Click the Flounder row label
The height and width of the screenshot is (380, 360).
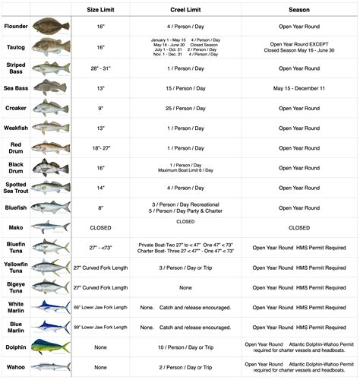(x=15, y=26)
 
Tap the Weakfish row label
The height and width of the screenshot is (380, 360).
(x=15, y=128)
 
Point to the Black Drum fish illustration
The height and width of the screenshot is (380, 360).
(x=51, y=167)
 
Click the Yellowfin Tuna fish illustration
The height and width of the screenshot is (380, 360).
(x=51, y=267)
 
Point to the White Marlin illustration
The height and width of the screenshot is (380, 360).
(x=51, y=306)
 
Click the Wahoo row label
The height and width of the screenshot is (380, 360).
(x=15, y=366)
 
